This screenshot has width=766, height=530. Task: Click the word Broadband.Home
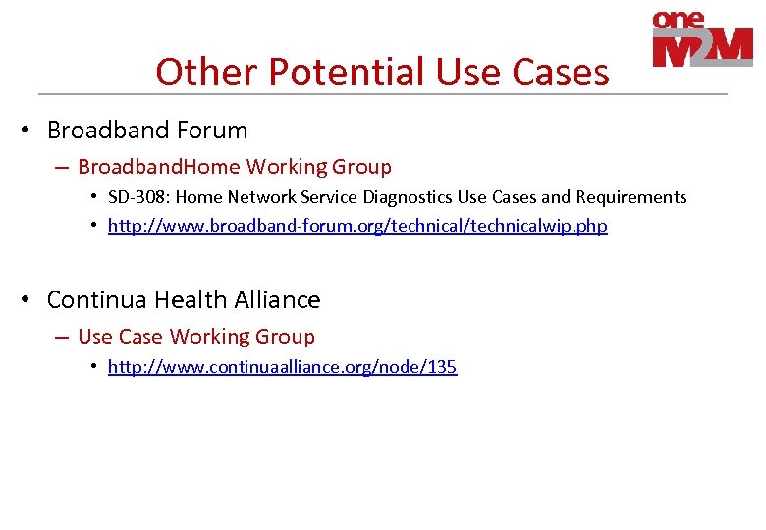[x=159, y=167]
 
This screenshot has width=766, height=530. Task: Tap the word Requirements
[x=631, y=197]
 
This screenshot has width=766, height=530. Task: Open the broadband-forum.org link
[x=357, y=226]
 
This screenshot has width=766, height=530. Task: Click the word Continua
[x=96, y=299]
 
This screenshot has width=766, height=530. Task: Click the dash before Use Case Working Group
[x=62, y=338]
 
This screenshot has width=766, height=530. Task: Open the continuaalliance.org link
[x=282, y=367]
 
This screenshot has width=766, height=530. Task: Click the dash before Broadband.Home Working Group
[x=62, y=168]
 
